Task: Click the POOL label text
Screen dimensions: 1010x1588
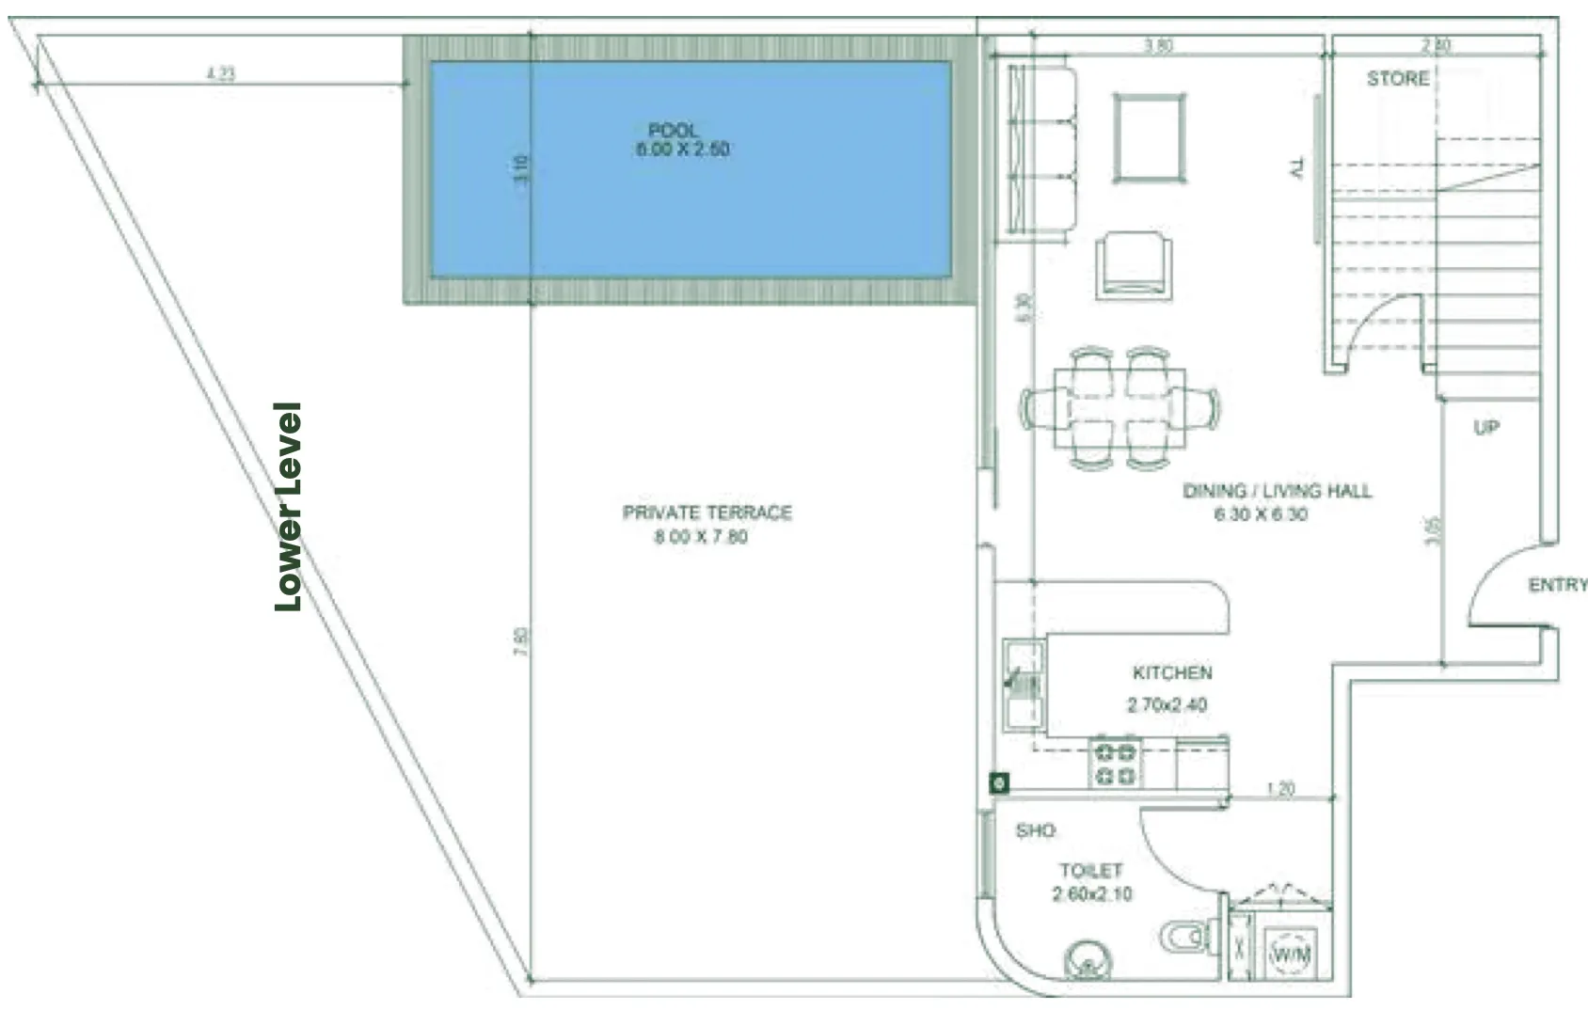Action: [x=674, y=130]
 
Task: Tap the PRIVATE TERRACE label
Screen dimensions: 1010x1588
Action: [x=707, y=513]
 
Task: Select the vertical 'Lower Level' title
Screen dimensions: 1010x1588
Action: [x=288, y=507]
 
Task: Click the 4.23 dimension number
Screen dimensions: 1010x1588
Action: [x=221, y=72]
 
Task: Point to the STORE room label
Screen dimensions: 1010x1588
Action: [x=1397, y=79]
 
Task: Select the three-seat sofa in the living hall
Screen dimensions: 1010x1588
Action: [x=1042, y=150]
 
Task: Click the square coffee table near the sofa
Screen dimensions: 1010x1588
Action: [x=1149, y=137]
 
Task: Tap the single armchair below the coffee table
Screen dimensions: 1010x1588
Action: [x=1135, y=266]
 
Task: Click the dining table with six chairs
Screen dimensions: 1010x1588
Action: [x=1120, y=408]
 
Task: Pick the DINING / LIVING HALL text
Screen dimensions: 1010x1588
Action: [x=1277, y=490]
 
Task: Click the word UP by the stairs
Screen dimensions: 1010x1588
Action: [x=1485, y=428]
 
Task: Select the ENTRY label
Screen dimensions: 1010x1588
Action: [x=1557, y=585]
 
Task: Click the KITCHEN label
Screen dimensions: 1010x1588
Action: [x=1172, y=672]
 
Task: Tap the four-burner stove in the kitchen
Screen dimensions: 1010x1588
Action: [x=1116, y=764]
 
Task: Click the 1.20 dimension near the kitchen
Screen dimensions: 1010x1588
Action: [x=1280, y=788]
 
